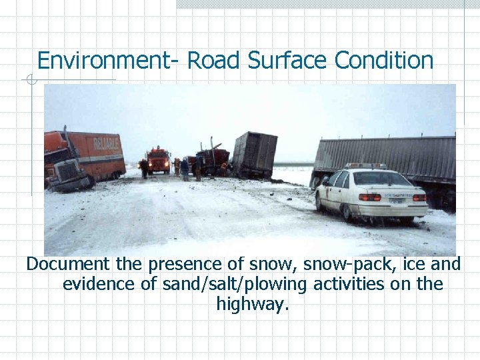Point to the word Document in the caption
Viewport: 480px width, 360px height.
[72, 265]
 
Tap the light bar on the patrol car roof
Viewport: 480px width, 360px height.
[365, 166]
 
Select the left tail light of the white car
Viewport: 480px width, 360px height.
[369, 197]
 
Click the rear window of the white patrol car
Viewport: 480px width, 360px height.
[382, 179]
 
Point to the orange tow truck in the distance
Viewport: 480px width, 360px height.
[159, 160]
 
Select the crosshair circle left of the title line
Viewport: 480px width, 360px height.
[30, 81]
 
